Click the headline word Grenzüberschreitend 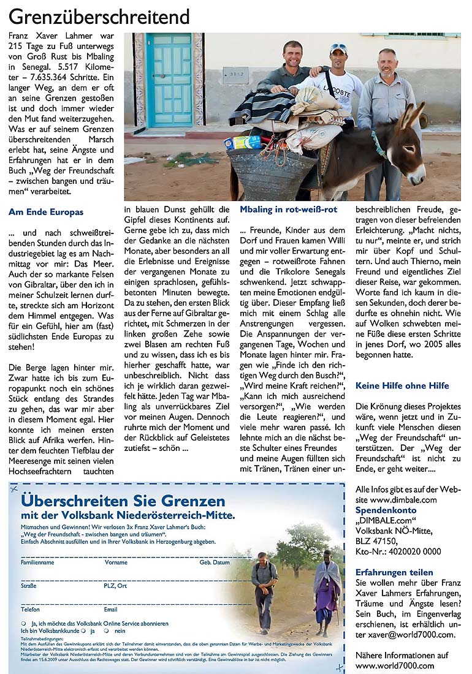[99, 16]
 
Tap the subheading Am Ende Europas [46, 213]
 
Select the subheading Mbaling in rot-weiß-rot [288, 210]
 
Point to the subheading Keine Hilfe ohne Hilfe [402, 386]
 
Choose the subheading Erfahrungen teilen [394, 572]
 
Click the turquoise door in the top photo [169, 80]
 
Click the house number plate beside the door [235, 75]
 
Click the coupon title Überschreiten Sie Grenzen [123, 501]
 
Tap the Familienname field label [37, 562]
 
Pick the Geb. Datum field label [215, 562]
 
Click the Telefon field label [31, 610]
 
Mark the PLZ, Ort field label [116, 586]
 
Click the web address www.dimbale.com [396, 500]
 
